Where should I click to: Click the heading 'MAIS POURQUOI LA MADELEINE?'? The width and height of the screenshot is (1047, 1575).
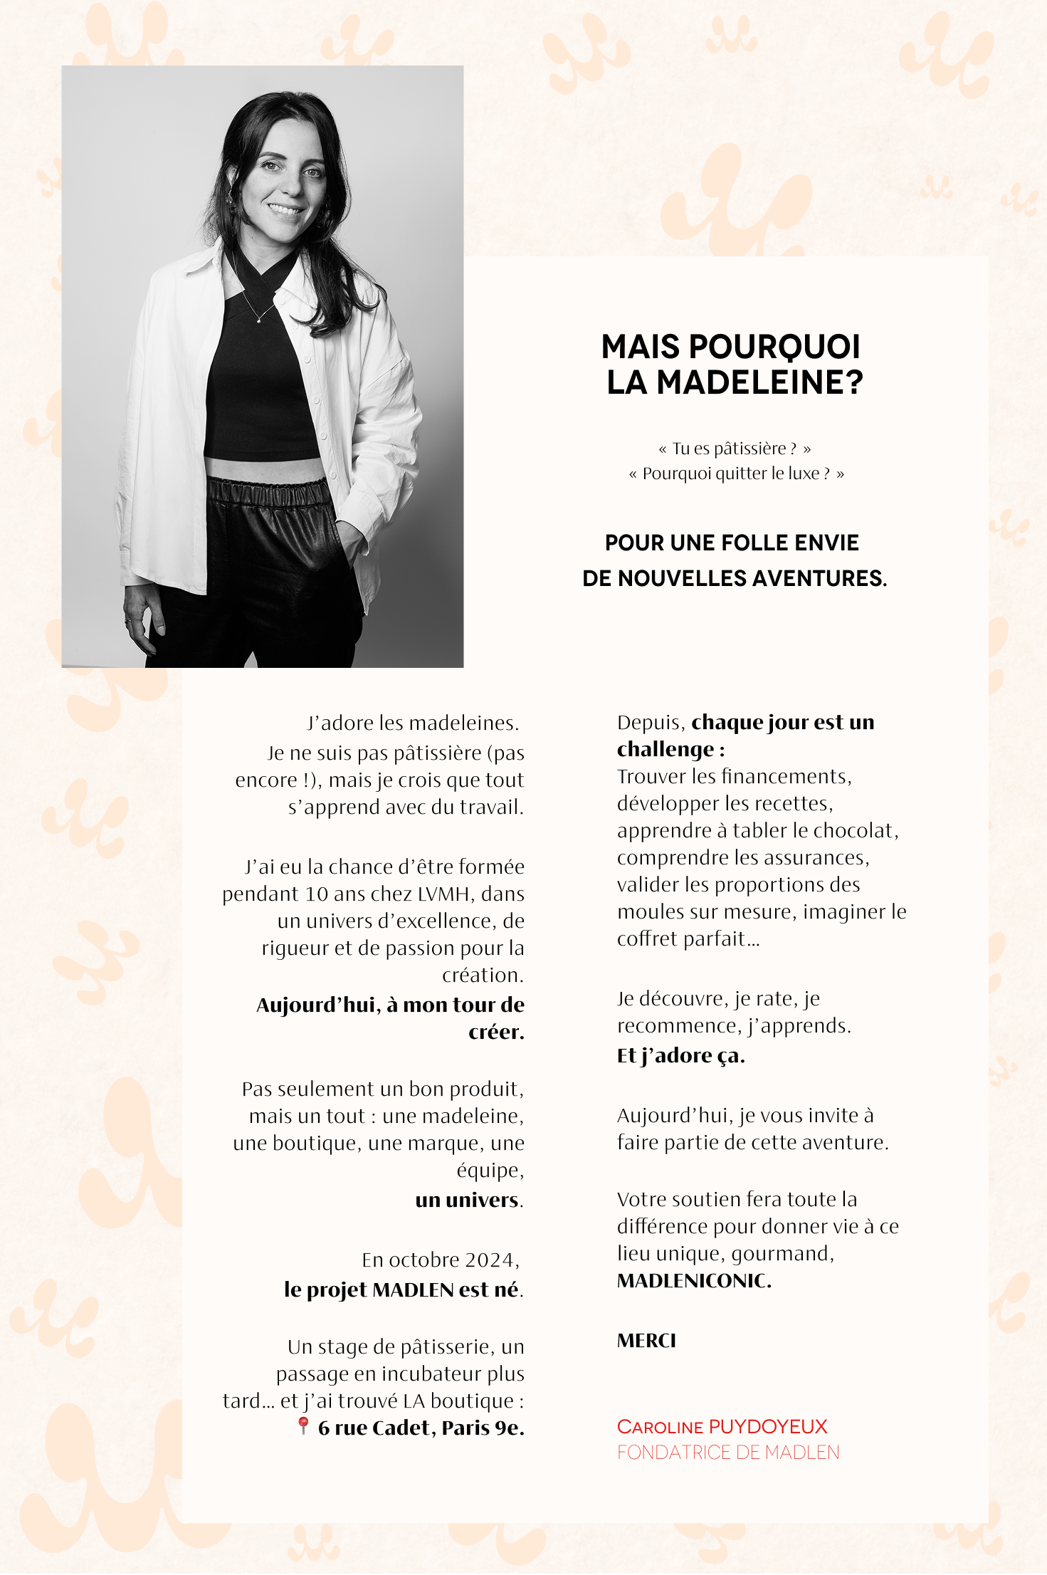click(x=733, y=364)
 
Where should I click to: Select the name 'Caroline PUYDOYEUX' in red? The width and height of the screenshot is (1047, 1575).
click(x=722, y=1426)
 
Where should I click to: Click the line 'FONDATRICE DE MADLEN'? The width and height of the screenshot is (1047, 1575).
click(x=728, y=1453)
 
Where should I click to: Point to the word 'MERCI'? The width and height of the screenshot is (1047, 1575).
click(x=646, y=1341)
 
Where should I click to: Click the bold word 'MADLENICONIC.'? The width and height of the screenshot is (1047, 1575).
click(x=694, y=1281)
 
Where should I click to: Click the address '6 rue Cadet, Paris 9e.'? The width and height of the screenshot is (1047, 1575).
click(x=421, y=1428)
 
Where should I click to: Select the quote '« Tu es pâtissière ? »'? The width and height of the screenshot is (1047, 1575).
click(x=735, y=449)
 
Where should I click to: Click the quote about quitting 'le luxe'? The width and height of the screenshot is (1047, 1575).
click(x=736, y=473)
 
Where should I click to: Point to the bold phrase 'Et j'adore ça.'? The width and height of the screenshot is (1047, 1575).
click(x=680, y=1055)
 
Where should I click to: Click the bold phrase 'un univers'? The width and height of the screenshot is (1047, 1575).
click(x=467, y=1200)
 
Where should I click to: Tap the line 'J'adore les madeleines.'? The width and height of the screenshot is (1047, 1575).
click(x=413, y=723)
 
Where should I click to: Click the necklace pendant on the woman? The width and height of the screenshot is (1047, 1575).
click(x=258, y=321)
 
